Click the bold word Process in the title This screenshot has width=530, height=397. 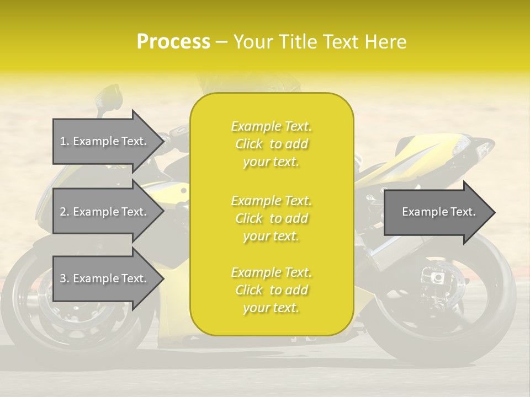point(173,42)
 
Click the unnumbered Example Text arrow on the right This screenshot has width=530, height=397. point(439,212)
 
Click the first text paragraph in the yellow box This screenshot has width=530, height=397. point(271,144)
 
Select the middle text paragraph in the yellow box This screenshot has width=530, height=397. point(271,218)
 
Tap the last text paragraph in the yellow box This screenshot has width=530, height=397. point(271,290)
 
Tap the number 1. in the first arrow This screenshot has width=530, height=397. point(65,141)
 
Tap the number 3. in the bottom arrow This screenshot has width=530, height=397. point(65,278)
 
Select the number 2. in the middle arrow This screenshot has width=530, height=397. point(65,212)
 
